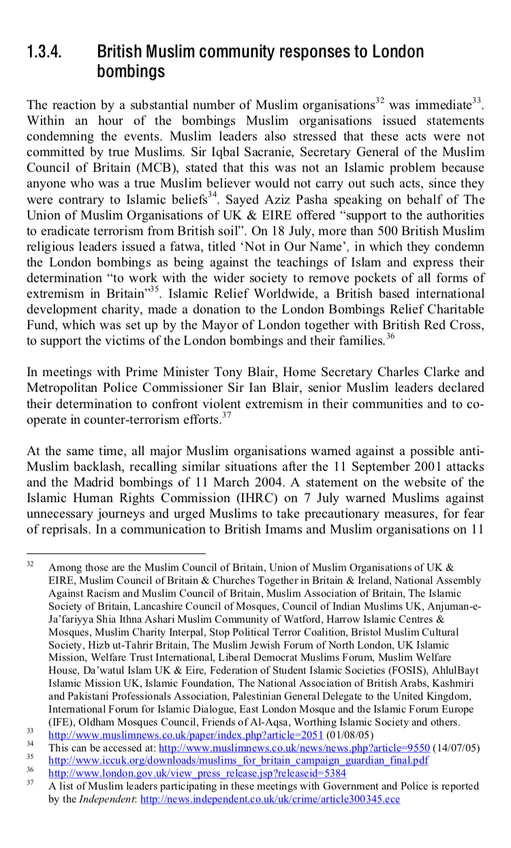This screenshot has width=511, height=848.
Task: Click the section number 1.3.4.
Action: [x=46, y=51]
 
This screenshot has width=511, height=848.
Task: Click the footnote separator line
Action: [x=116, y=553]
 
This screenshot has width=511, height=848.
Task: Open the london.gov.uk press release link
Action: [x=197, y=773]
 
